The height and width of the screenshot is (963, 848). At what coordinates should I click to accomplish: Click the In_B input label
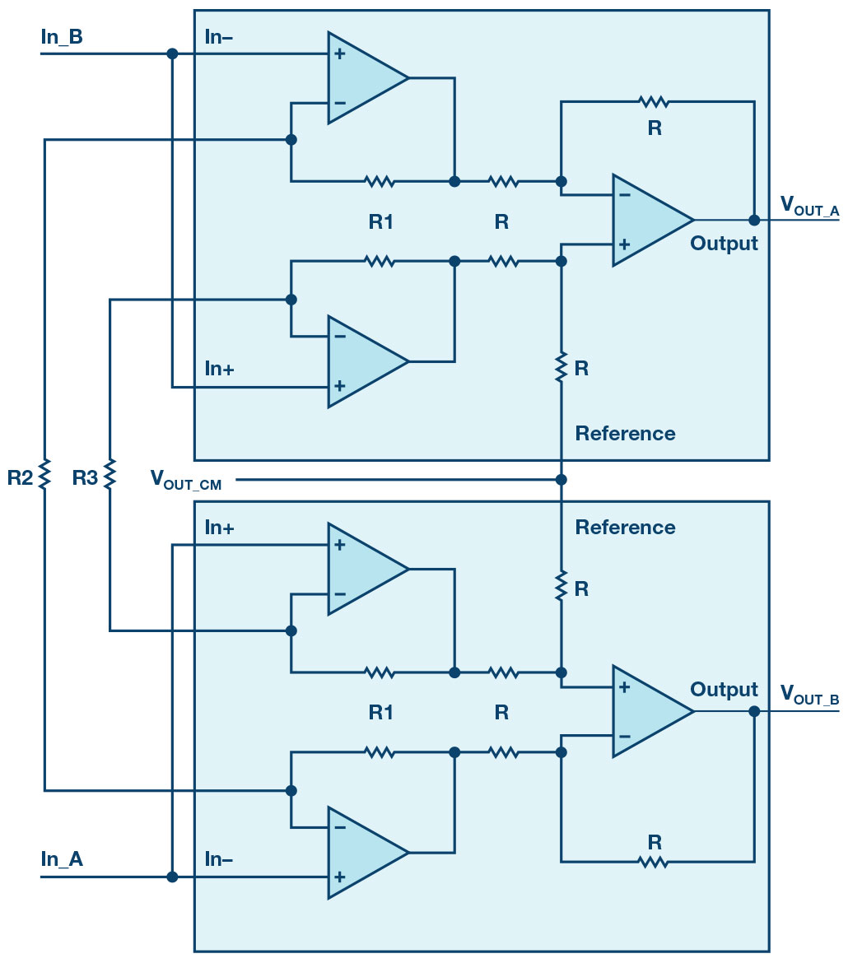(62, 37)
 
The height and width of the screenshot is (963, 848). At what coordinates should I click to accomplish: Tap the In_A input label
(62, 858)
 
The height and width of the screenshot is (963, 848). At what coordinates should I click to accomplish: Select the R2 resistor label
(20, 477)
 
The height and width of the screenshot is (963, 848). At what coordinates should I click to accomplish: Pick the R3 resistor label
(85, 477)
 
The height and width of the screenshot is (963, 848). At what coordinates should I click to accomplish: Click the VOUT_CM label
(185, 480)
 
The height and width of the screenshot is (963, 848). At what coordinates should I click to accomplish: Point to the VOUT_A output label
(809, 206)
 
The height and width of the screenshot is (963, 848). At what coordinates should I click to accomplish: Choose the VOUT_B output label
(809, 695)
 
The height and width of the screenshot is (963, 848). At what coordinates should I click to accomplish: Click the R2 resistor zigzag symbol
(44, 474)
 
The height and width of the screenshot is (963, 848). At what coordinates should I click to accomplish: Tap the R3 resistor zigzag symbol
(109, 474)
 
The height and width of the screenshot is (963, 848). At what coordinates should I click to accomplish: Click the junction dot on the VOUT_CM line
(561, 479)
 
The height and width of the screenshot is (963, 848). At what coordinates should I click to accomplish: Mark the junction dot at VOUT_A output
(754, 220)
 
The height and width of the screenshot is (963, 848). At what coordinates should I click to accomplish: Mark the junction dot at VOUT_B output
(754, 711)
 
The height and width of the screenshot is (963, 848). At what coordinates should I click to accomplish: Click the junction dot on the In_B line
(172, 54)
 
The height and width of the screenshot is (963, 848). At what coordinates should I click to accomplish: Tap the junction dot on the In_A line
(172, 877)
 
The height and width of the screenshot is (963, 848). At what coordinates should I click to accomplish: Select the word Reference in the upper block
(625, 434)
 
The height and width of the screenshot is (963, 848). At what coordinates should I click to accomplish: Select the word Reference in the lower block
(625, 527)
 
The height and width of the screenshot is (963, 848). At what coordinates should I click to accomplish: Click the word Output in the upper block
(724, 244)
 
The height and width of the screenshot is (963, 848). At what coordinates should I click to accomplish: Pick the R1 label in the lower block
(381, 713)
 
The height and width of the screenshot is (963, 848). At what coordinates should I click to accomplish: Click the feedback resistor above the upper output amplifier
(653, 101)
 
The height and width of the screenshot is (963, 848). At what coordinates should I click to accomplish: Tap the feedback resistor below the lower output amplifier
(653, 863)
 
